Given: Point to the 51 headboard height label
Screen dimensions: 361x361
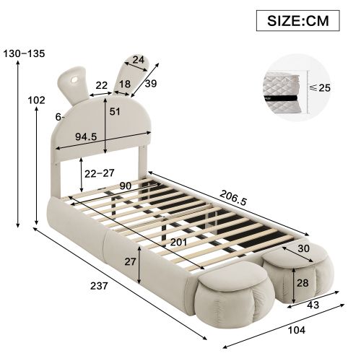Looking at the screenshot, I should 115,111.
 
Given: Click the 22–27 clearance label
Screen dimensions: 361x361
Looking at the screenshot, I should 99,173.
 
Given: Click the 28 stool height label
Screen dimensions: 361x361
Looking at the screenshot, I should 303,282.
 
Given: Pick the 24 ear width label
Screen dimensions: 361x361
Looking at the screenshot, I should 139,61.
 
